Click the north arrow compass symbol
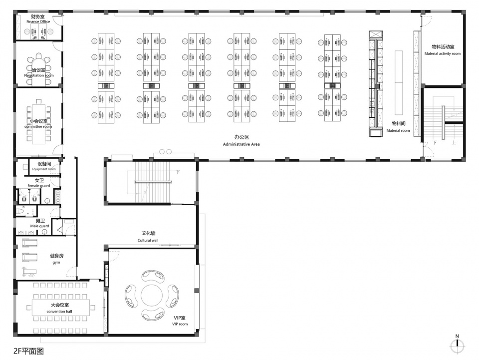(x=458, y=346)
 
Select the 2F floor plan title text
(x=29, y=351)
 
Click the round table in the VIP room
(x=152, y=295)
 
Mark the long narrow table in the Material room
(x=399, y=82)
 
